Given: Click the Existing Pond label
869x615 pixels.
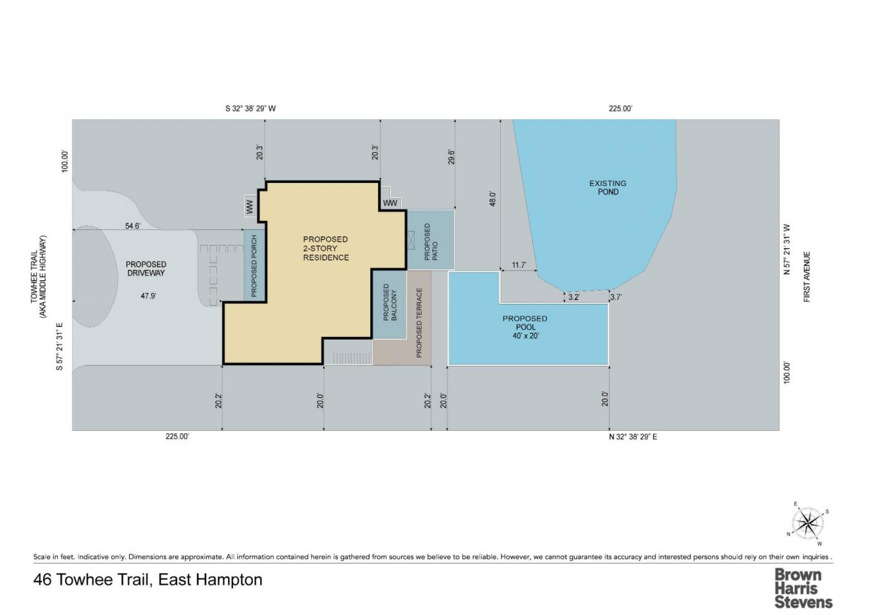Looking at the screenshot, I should (x=607, y=187).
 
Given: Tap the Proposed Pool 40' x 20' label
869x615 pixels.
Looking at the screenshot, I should (x=525, y=326).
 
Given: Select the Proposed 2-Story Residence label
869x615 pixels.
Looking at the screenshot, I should (x=326, y=248).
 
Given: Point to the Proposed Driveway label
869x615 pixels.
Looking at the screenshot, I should (x=145, y=269).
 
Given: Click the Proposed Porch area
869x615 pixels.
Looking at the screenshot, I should (x=254, y=265).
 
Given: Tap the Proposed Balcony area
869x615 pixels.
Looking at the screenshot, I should (x=390, y=303).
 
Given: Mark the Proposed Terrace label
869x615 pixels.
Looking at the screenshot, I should (x=419, y=322).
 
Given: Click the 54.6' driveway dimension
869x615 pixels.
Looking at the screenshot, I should (x=133, y=225).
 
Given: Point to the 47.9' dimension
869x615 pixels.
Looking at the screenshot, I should (x=148, y=296).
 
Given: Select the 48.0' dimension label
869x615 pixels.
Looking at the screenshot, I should (x=493, y=198).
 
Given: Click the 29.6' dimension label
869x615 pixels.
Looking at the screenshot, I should (x=451, y=157).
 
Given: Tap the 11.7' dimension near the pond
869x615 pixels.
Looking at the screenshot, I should (x=519, y=265).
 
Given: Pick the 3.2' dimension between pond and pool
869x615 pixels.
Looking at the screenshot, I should (x=573, y=297).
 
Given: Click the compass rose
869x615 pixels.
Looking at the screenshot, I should (x=807, y=522).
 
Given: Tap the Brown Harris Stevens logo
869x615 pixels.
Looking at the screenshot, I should (x=803, y=587).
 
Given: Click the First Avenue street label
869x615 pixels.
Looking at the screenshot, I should (x=807, y=276).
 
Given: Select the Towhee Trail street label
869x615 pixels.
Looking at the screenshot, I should (x=39, y=277).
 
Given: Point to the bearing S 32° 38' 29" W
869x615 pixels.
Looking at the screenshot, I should (x=250, y=108).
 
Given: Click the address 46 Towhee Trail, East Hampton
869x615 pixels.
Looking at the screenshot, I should (x=148, y=580).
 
